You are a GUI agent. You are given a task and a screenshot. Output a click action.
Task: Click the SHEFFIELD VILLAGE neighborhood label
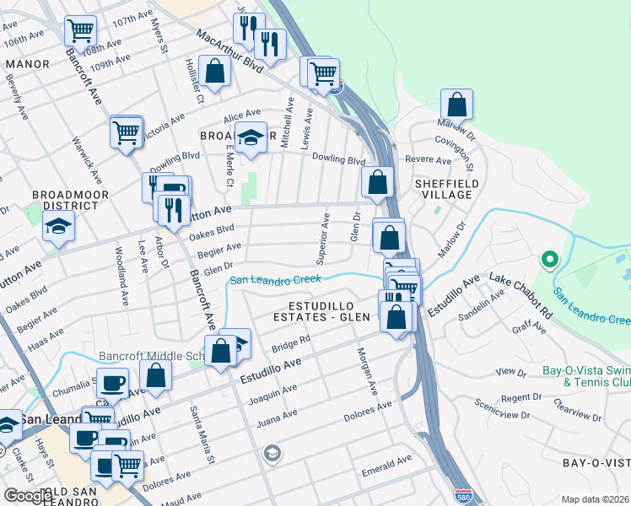(446, 189)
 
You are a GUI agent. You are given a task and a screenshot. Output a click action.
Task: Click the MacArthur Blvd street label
(230, 50)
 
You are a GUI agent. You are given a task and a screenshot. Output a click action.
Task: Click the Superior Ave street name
(323, 236)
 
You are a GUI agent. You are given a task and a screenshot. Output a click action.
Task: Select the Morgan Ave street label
(366, 371)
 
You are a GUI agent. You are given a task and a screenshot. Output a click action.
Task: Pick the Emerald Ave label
(386, 463)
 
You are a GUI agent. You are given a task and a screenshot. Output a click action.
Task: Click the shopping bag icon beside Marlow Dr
(456, 105)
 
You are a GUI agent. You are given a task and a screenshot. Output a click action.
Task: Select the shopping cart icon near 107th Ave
(80, 31)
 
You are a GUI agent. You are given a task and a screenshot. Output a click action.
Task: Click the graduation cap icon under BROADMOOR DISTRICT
(58, 226)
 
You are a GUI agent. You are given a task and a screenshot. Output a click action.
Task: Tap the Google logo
(28, 496)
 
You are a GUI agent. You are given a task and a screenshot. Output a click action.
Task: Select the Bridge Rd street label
(292, 343)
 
